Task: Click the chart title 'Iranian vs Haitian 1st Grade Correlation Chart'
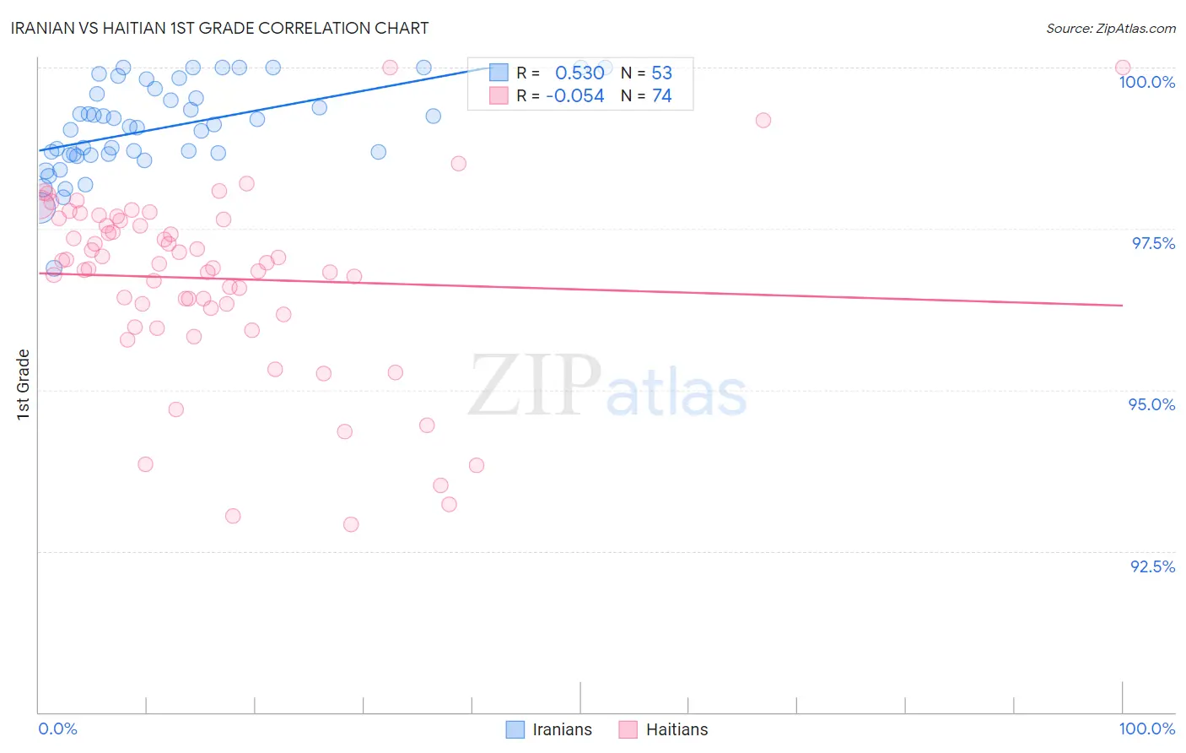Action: pos(220,28)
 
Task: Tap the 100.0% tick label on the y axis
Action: pos(1146,82)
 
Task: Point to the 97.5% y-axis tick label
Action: pos(1152,243)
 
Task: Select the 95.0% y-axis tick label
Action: pos(1151,404)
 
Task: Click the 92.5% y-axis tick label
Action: pos(1152,566)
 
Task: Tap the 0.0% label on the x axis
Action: pos(57,729)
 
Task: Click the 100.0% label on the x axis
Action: pos(1146,729)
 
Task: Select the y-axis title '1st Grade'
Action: pos(24,384)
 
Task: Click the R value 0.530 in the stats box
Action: pos(580,73)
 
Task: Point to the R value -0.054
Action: pos(575,96)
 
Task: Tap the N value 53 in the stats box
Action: pos(662,73)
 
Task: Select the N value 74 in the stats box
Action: pos(662,96)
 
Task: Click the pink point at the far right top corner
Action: pos(1122,68)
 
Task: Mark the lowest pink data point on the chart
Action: pos(351,524)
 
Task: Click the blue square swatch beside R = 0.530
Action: pos(499,73)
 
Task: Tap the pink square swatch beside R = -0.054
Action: pos(499,96)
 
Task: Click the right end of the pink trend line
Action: pos(1122,305)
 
